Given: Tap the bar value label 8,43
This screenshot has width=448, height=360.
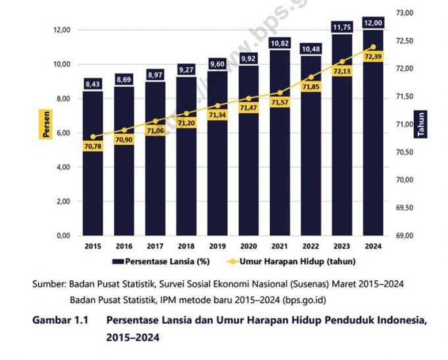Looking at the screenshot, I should point(93,84).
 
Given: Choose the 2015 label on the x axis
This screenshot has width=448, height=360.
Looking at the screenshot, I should point(93,246).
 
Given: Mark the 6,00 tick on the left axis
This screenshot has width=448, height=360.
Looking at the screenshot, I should point(61,133).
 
